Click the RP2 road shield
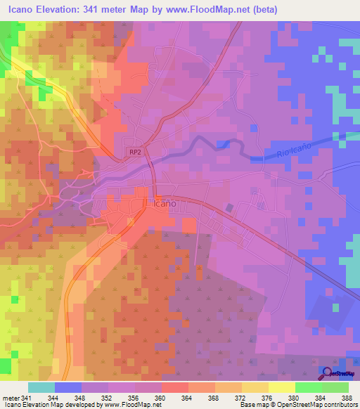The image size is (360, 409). click(135, 151)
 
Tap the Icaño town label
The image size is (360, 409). click(164, 203)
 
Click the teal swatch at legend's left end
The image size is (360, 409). click(41, 387)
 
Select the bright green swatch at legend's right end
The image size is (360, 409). click(335, 387)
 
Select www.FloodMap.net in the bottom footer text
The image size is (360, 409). click(131, 405)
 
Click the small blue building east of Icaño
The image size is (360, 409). click(230, 208)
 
